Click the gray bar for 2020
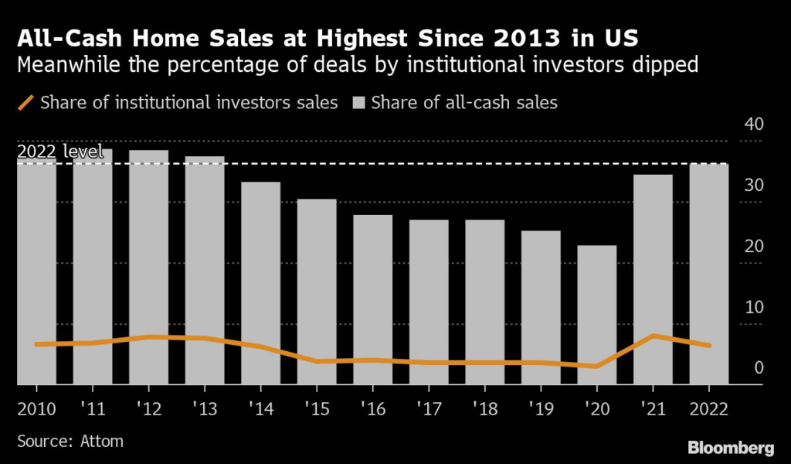(597, 315)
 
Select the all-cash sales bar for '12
(149, 268)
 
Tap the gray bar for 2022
(709, 275)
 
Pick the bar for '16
(373, 300)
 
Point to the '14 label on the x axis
(260, 408)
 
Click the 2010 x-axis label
(36, 408)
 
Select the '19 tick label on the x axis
(541, 408)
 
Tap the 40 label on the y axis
(754, 125)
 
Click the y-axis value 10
(754, 307)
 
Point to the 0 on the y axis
(759, 368)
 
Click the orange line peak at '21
(653, 336)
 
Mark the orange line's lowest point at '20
(597, 366)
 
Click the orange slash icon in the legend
(25, 103)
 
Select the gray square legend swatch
(358, 103)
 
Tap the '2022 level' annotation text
(60, 152)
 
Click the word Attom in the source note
(101, 441)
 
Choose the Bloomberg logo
(731, 447)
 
